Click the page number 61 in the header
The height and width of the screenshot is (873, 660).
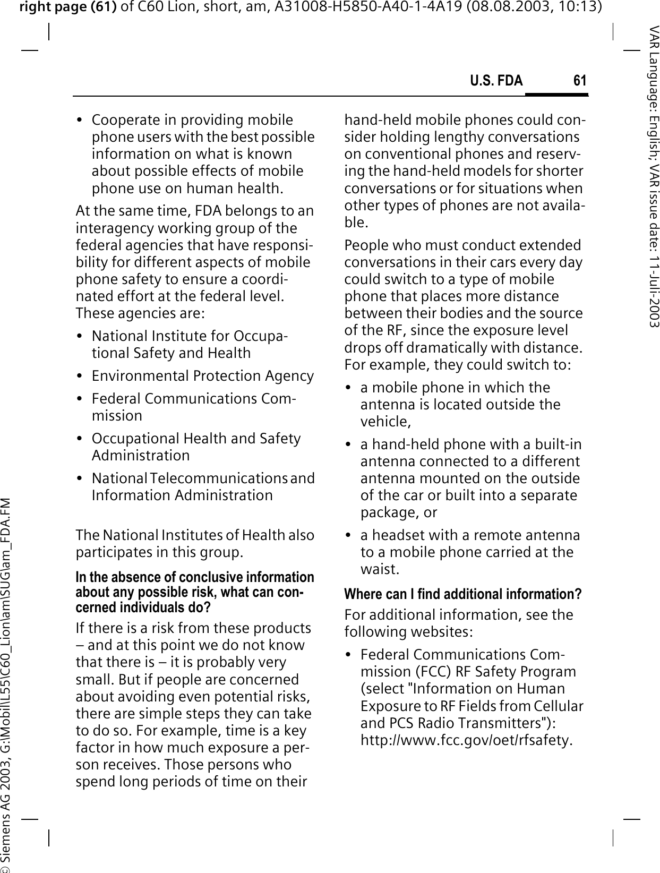580,81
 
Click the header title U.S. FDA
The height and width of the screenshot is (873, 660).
496,81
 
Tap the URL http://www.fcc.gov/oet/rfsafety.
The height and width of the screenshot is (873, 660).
466,740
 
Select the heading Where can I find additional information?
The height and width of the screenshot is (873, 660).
462,594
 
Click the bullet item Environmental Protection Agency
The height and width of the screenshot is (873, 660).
202,376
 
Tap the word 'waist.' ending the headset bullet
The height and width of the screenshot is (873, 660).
380,569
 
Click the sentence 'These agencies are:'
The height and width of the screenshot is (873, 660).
139,313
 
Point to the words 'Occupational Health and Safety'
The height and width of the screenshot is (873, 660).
196,439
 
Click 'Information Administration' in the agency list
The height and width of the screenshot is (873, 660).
182,495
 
